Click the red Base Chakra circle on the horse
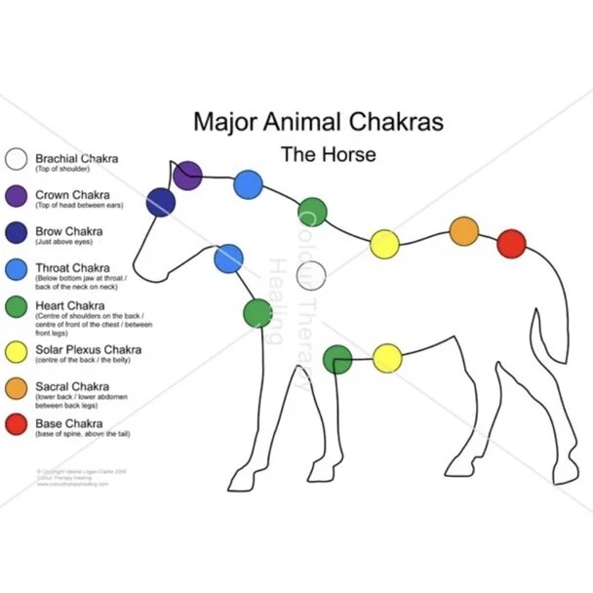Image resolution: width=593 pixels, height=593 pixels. [x=511, y=244]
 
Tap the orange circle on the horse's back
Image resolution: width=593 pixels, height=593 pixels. [x=464, y=232]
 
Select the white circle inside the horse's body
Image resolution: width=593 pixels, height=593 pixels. [x=311, y=277]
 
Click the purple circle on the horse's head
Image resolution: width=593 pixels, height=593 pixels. [x=187, y=176]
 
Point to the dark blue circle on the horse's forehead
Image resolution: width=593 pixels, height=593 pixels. [x=161, y=202]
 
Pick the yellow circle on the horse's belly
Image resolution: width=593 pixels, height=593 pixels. [x=387, y=358]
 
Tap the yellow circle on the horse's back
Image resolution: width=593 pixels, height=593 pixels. [x=385, y=246]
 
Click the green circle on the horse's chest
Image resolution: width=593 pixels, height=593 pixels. [x=258, y=313]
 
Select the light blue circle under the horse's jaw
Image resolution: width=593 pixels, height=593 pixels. [x=228, y=258]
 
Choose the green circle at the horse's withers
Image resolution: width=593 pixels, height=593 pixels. [x=312, y=212]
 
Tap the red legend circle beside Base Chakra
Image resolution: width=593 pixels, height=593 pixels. [x=17, y=426]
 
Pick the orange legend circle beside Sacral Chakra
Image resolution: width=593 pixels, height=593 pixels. [x=17, y=388]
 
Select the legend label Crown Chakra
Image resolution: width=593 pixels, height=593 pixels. [x=72, y=195]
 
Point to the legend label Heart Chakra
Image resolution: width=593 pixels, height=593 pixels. [x=71, y=304]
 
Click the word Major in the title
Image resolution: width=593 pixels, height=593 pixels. [x=221, y=123]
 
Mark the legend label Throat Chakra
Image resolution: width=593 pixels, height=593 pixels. [x=72, y=267]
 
